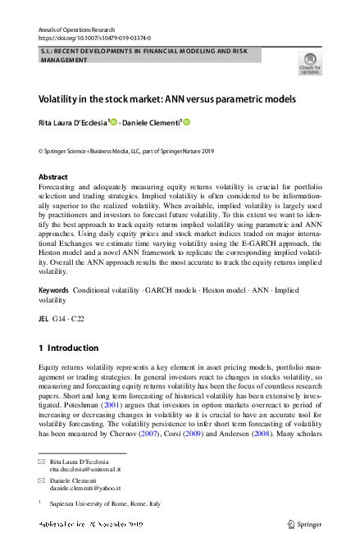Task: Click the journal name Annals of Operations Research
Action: [71, 29]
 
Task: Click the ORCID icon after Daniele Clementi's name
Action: [186, 123]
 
